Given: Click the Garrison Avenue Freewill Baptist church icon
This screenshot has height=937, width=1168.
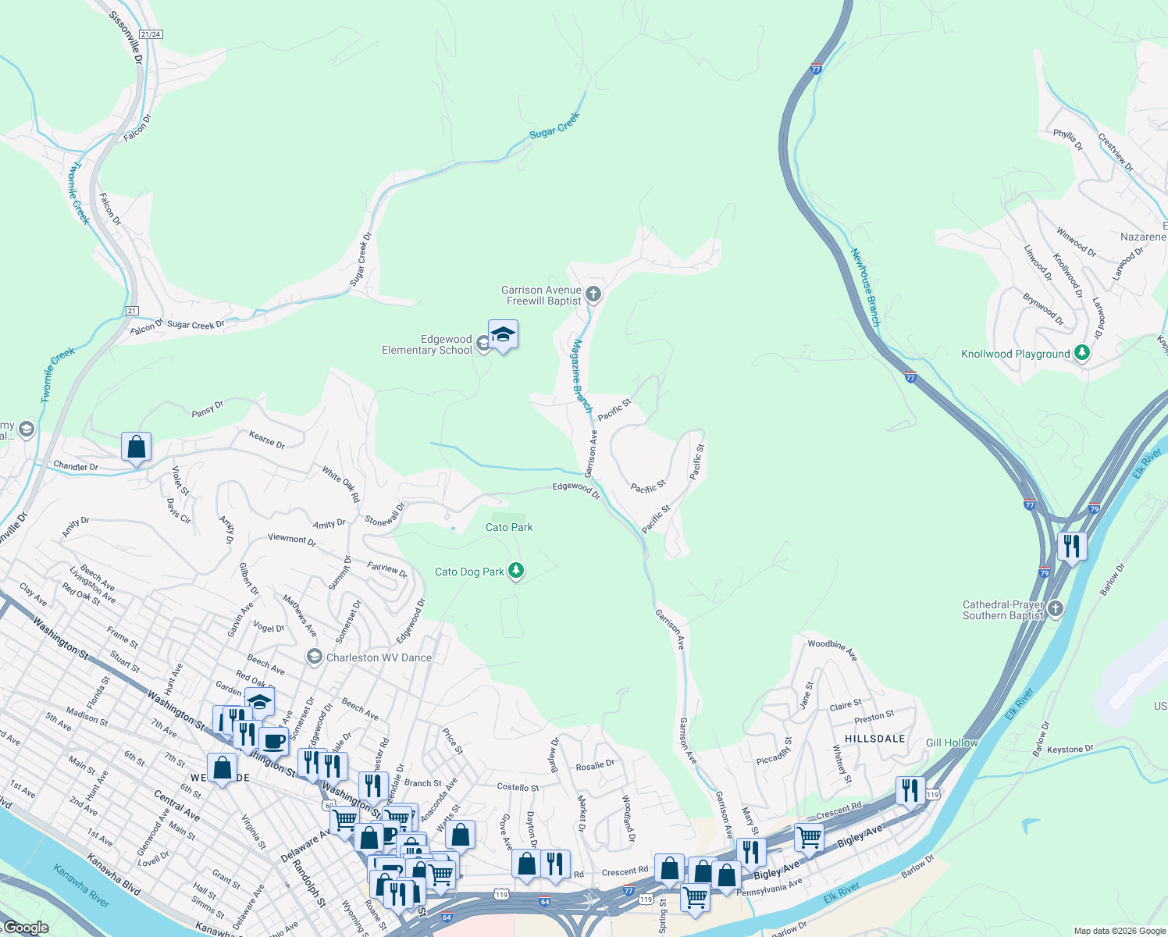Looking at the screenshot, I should (593, 294).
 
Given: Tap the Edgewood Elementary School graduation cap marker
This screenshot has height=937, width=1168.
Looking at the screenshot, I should (503, 335).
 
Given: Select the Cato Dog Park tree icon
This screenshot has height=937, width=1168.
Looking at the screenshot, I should (515, 571).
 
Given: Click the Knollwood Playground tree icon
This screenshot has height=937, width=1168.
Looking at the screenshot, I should (1081, 353).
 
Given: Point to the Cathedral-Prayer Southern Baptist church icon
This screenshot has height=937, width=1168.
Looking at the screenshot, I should (1055, 609).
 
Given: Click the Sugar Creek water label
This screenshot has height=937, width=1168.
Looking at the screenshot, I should (554, 126).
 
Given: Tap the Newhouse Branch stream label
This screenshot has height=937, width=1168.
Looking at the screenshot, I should (865, 287).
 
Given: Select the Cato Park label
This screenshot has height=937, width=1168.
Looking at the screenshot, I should (509, 527).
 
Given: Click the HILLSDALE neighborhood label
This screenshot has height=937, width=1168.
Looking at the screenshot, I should (874, 738).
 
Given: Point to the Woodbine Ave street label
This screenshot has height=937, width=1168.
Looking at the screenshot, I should (833, 650).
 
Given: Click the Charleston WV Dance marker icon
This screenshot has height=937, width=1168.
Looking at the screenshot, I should (314, 657).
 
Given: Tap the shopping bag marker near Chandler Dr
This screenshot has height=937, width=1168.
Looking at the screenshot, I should (137, 447).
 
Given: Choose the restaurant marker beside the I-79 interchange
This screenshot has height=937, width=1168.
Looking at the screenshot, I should (1072, 546).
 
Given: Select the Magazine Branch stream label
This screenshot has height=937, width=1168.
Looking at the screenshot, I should (582, 376).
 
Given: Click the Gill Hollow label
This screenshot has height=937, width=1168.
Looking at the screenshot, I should (951, 743).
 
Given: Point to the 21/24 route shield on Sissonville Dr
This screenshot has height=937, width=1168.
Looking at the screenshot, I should (151, 34).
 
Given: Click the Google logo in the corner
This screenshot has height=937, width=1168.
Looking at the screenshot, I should (26, 928).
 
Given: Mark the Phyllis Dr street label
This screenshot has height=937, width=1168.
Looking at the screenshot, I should (1067, 140).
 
